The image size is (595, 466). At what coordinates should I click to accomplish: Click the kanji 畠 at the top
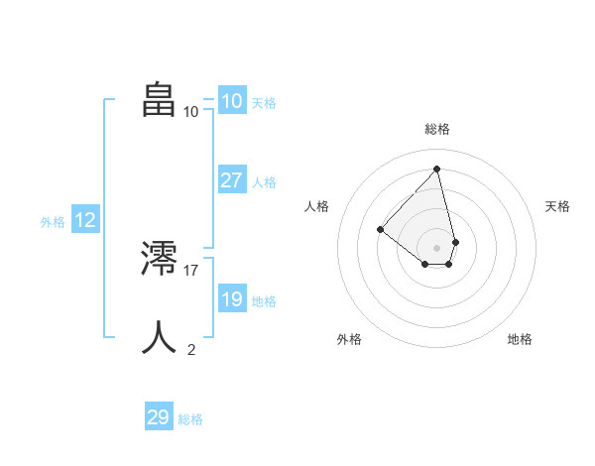tap(159, 99)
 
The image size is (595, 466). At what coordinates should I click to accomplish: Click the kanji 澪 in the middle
tap(159, 259)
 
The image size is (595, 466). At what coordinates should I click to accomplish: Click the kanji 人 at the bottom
tap(159, 337)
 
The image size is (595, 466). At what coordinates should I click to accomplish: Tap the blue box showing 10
tap(231, 101)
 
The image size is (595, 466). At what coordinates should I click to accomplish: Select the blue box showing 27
tap(231, 180)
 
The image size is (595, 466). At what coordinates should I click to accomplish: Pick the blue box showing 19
tap(231, 299)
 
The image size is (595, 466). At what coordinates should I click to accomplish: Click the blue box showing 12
tap(85, 220)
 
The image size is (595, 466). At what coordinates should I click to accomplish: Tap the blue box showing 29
tap(159, 417)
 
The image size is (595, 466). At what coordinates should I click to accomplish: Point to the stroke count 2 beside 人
tap(191, 349)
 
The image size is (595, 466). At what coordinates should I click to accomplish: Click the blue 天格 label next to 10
tap(264, 102)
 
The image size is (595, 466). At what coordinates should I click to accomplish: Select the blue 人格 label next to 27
tap(264, 181)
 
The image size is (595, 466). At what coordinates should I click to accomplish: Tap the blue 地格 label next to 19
tap(264, 300)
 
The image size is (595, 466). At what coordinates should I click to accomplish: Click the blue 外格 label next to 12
tap(53, 222)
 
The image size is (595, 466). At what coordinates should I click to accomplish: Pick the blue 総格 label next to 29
tap(190, 419)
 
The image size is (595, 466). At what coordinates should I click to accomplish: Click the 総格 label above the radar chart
tap(437, 129)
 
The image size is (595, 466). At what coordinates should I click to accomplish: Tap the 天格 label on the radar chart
tap(557, 206)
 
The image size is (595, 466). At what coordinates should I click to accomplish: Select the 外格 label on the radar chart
tap(349, 339)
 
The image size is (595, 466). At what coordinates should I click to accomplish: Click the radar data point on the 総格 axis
tap(437, 169)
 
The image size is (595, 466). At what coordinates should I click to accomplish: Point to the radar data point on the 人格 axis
tap(380, 229)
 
